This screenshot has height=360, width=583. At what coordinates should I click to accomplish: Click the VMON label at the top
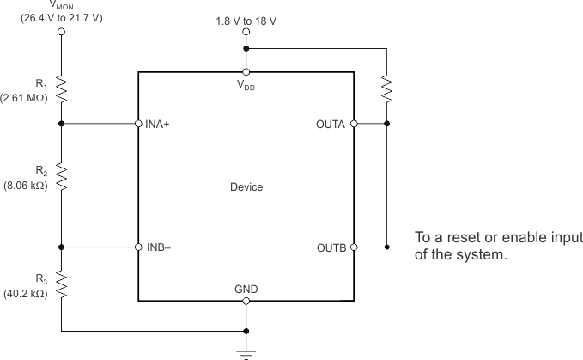[x=60, y=4]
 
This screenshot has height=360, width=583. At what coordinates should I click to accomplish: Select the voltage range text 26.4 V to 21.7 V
[x=61, y=18]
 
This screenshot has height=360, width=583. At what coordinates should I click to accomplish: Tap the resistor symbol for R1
[x=61, y=88]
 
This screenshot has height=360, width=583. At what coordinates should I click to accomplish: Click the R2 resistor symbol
[x=61, y=174]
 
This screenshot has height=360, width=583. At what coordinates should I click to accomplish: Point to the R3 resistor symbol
[x=61, y=284]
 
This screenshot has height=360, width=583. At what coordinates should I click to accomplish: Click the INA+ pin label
[x=160, y=124]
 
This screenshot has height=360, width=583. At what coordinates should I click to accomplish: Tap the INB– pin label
[x=160, y=247]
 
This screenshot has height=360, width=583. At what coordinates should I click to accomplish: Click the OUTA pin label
[x=331, y=124]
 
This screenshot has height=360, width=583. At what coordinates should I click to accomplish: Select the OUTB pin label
[x=331, y=247]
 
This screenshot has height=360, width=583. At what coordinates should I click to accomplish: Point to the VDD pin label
[x=246, y=85]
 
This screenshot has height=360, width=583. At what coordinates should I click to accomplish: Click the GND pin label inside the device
[x=246, y=289]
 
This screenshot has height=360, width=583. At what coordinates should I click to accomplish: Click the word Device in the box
[x=246, y=186]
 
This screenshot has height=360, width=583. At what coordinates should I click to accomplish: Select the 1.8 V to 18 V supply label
[x=246, y=18]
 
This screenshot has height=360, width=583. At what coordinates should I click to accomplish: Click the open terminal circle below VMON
[x=61, y=33]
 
